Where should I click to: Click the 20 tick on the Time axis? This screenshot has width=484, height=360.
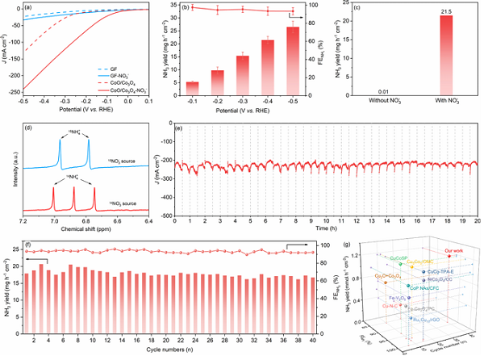click(478, 219)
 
